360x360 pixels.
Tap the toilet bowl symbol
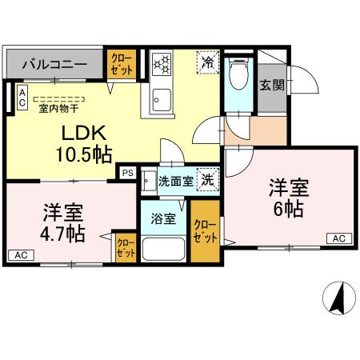tap(238, 75)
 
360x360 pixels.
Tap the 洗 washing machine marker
tap(207, 180)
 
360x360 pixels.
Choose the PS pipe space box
tap(127, 171)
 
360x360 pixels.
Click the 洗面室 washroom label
tap(174, 181)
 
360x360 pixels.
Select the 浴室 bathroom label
tap(165, 218)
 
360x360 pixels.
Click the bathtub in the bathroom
tap(165, 246)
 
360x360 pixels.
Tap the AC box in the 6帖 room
tap(338, 238)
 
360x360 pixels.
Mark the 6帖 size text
tap(287, 210)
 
